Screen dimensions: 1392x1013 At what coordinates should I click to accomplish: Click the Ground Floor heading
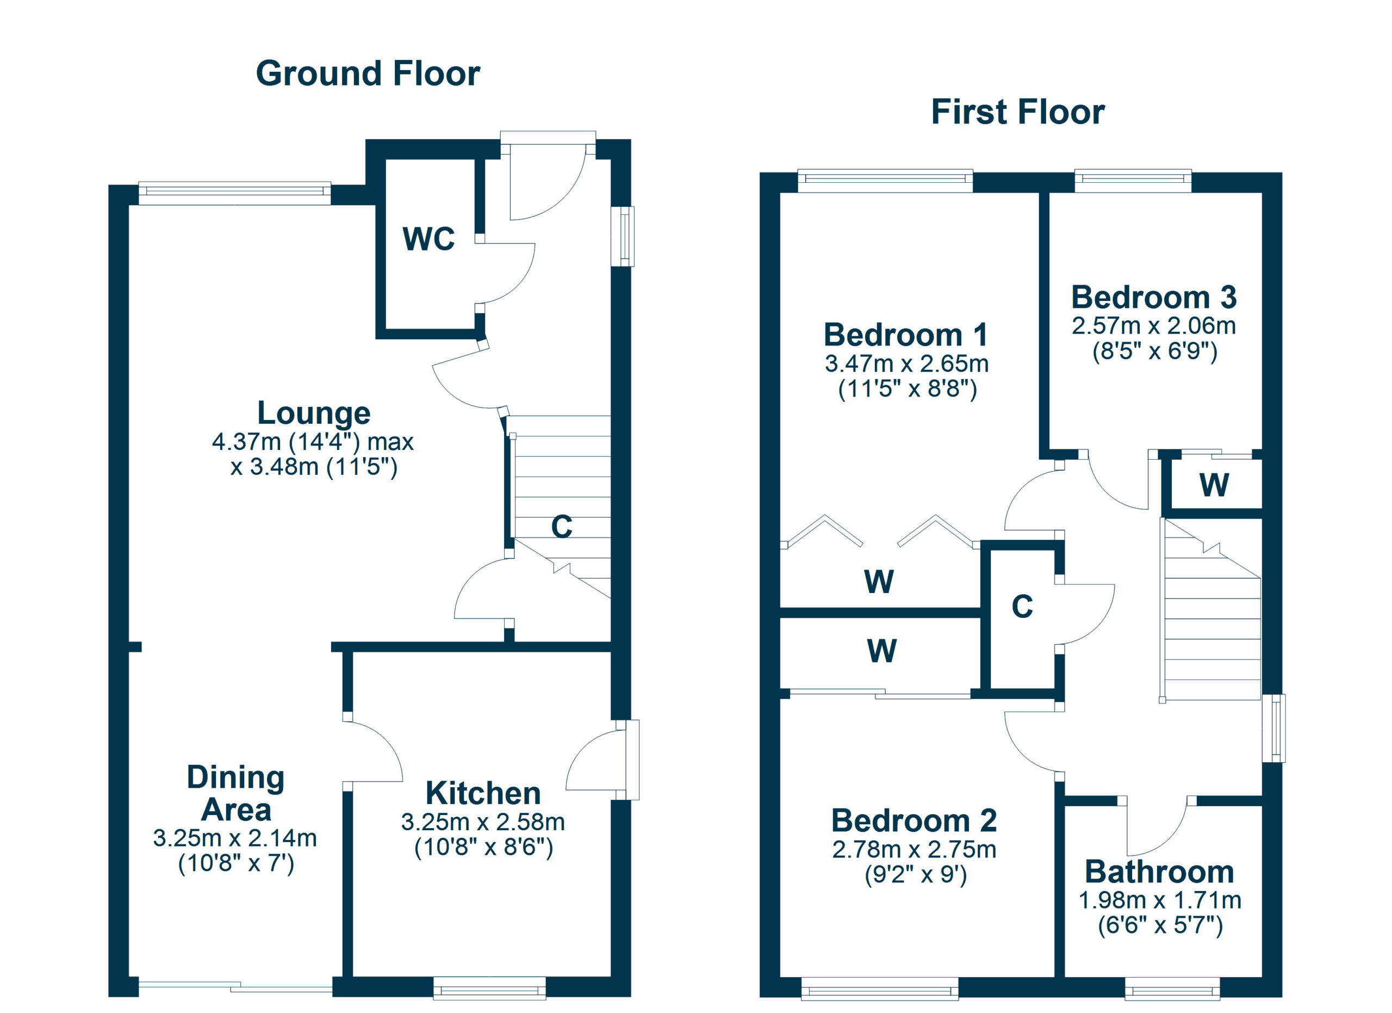tap(368, 73)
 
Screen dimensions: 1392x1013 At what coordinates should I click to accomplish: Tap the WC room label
tap(428, 239)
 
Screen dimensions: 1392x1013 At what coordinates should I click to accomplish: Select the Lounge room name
tap(314, 413)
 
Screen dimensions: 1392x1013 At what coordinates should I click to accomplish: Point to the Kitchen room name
tap(483, 793)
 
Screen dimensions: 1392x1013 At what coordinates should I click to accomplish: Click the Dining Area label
tap(235, 793)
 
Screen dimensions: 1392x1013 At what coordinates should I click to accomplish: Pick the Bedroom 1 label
tap(906, 335)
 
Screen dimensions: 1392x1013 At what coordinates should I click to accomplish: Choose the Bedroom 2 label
tap(914, 820)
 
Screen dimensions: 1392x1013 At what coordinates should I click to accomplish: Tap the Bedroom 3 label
tap(1154, 298)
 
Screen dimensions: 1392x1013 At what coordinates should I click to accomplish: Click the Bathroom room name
tap(1159, 872)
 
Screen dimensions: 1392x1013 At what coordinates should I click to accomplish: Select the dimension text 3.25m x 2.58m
tap(483, 822)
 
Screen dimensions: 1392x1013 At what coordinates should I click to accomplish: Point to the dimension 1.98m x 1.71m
tap(1160, 900)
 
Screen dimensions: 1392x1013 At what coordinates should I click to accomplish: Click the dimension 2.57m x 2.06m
tap(1154, 326)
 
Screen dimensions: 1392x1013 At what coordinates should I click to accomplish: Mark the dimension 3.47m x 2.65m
tap(906, 364)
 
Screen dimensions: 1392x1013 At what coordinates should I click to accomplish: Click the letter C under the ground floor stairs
tap(562, 527)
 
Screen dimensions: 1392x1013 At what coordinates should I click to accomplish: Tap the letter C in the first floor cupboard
tap(1022, 607)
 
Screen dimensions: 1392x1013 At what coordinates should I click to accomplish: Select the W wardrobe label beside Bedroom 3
tap(1214, 485)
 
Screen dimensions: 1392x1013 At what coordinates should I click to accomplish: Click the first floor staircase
tap(1210, 610)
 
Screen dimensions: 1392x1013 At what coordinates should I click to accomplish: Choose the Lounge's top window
tap(235, 193)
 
